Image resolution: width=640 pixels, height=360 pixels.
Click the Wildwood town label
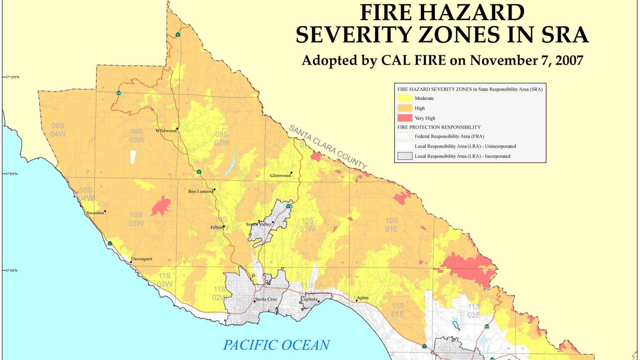point(166,131)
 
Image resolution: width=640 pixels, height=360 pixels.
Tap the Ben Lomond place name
point(200,192)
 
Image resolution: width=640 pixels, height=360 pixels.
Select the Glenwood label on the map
point(280,175)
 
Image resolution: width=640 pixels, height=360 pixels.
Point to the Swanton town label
point(95,213)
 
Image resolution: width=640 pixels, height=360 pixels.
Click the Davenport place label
point(142,259)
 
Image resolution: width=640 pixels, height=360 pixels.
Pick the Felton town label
point(216,227)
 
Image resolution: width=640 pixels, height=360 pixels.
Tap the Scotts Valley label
point(258,224)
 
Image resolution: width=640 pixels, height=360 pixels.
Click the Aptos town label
point(362,298)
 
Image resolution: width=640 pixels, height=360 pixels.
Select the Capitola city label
point(309,299)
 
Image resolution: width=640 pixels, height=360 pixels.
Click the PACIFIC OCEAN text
point(276,345)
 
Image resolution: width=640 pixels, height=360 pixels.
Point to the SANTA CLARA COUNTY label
point(328,147)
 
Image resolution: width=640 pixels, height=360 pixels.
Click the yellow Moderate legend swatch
point(405,98)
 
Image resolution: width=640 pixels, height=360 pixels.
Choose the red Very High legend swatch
point(405,118)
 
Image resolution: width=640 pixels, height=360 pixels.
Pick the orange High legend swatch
point(405,108)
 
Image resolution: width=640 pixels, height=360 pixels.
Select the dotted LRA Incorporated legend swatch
point(405,156)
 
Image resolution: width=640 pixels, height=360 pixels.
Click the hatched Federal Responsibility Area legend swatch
point(405,136)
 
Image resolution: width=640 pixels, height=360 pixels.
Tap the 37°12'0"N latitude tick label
point(12,77)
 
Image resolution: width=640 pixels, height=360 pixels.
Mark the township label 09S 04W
point(58,130)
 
